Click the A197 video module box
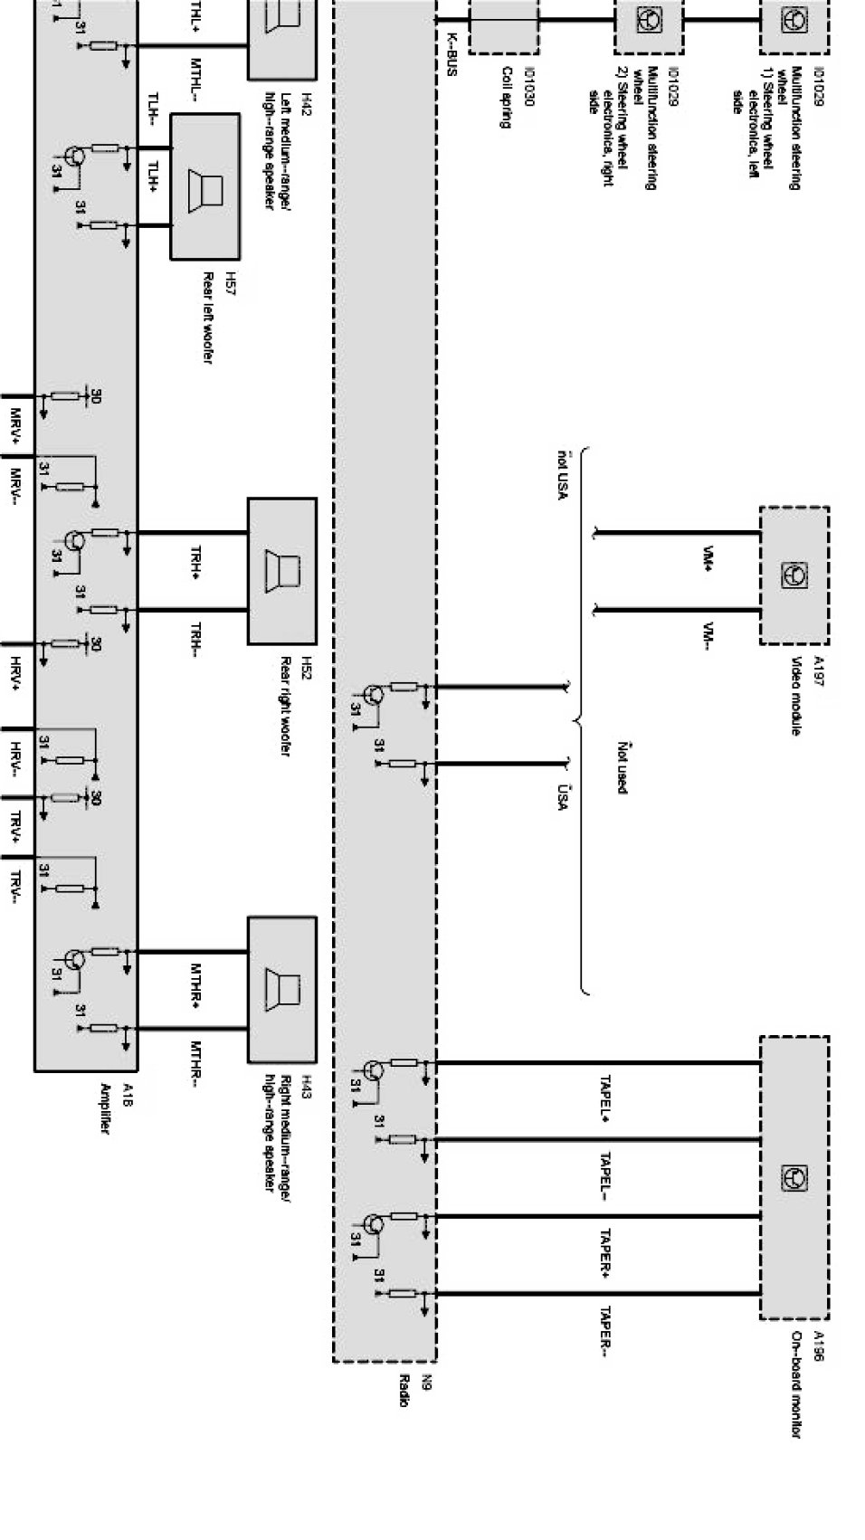794,575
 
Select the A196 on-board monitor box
794,1177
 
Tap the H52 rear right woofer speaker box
282,571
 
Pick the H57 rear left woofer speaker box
205,186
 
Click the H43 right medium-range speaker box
282,989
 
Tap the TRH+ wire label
195,563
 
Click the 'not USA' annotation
563,476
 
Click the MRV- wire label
15,489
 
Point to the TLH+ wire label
154,177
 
